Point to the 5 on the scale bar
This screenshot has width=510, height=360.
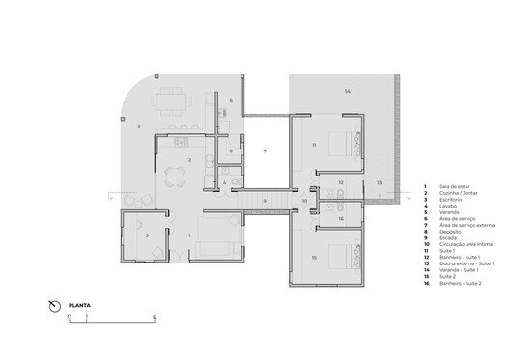pyautogui.click(x=155, y=318)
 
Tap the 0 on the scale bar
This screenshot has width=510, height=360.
pyautogui.click(x=69, y=318)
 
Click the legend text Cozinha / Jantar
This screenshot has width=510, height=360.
pyautogui.click(x=458, y=194)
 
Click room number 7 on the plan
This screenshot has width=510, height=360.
pyautogui.click(x=266, y=152)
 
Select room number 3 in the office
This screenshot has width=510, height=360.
pyautogui.click(x=146, y=235)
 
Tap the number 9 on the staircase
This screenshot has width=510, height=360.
pyautogui.click(x=265, y=200)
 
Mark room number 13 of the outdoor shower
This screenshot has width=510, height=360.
pyautogui.click(x=379, y=181)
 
